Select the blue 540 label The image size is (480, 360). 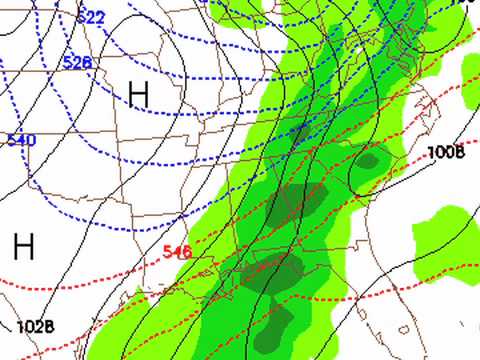[x=20, y=140]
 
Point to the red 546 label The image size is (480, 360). [x=176, y=252]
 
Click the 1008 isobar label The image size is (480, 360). [x=446, y=152]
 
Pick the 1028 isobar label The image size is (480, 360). [x=34, y=326]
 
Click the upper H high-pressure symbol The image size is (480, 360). [x=138, y=94]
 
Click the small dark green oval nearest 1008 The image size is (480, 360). [x=368, y=159]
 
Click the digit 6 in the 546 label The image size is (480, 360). [x=186, y=252]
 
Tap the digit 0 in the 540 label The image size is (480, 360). [x=29, y=140]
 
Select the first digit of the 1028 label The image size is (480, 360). [x=20, y=326]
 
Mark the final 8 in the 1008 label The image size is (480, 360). [x=460, y=152]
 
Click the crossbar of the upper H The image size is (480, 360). [x=138, y=94]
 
